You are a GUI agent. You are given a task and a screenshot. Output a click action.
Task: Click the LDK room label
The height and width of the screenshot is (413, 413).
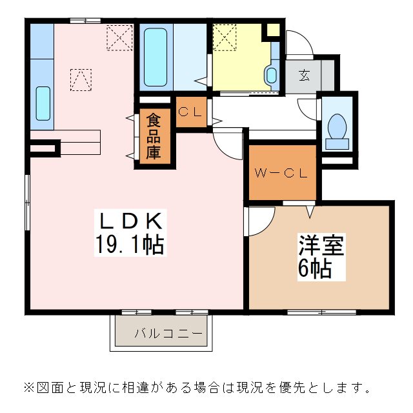pos(131,221)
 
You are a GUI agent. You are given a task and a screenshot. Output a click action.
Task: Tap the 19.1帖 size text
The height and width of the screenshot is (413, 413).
pos(131,244)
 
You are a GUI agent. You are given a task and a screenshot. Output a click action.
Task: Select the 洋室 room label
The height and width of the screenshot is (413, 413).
pos(321,246)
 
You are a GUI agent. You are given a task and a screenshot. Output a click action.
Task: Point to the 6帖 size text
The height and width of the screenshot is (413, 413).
pos(314,267)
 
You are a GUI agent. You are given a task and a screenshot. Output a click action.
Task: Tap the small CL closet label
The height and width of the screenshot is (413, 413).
pos(190,110)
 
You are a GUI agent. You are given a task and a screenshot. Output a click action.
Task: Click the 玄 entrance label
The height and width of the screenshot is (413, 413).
pos(304,74)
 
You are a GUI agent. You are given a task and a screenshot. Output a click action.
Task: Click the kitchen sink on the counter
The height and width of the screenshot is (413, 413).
pos(43,103)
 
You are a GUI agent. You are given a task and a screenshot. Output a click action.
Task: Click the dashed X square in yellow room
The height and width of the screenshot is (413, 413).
pos(225,37)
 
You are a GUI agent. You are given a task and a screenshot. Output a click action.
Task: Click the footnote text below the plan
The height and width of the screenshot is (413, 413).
pos(197,388)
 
